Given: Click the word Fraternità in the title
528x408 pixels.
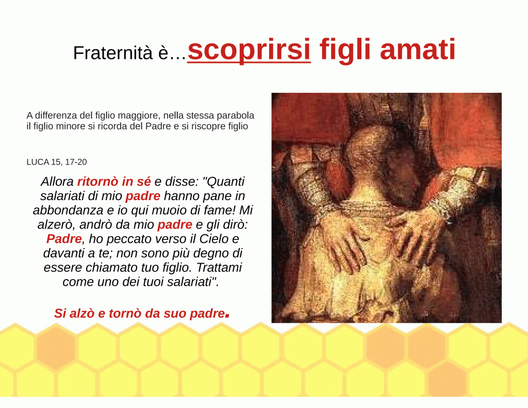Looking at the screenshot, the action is click(113, 53).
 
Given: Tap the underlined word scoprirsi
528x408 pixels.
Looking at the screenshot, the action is click(249, 50).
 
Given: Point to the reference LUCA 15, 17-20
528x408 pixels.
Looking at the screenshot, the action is click(57, 162).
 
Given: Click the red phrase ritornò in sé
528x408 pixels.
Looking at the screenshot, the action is click(114, 182).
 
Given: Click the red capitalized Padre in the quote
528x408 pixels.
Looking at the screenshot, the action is click(64, 239).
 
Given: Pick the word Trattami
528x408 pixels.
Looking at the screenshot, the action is click(219, 268).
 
